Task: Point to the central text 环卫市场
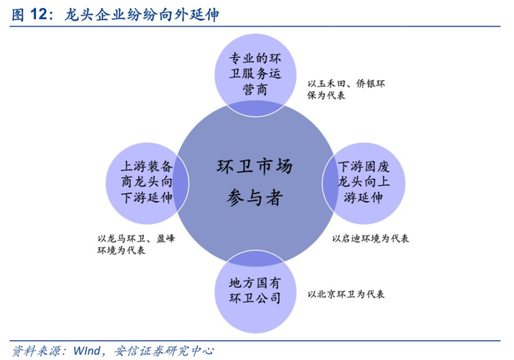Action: pyautogui.click(x=256, y=166)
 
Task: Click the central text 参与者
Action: pyautogui.click(x=255, y=198)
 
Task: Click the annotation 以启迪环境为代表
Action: pyautogui.click(x=370, y=239)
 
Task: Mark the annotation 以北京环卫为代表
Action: pyautogui.click(x=346, y=295)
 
